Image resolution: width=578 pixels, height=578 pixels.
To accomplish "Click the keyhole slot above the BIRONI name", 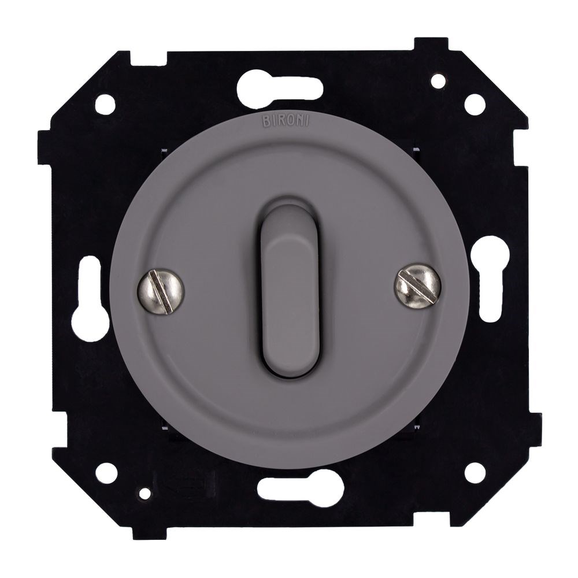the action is click(x=280, y=90).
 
